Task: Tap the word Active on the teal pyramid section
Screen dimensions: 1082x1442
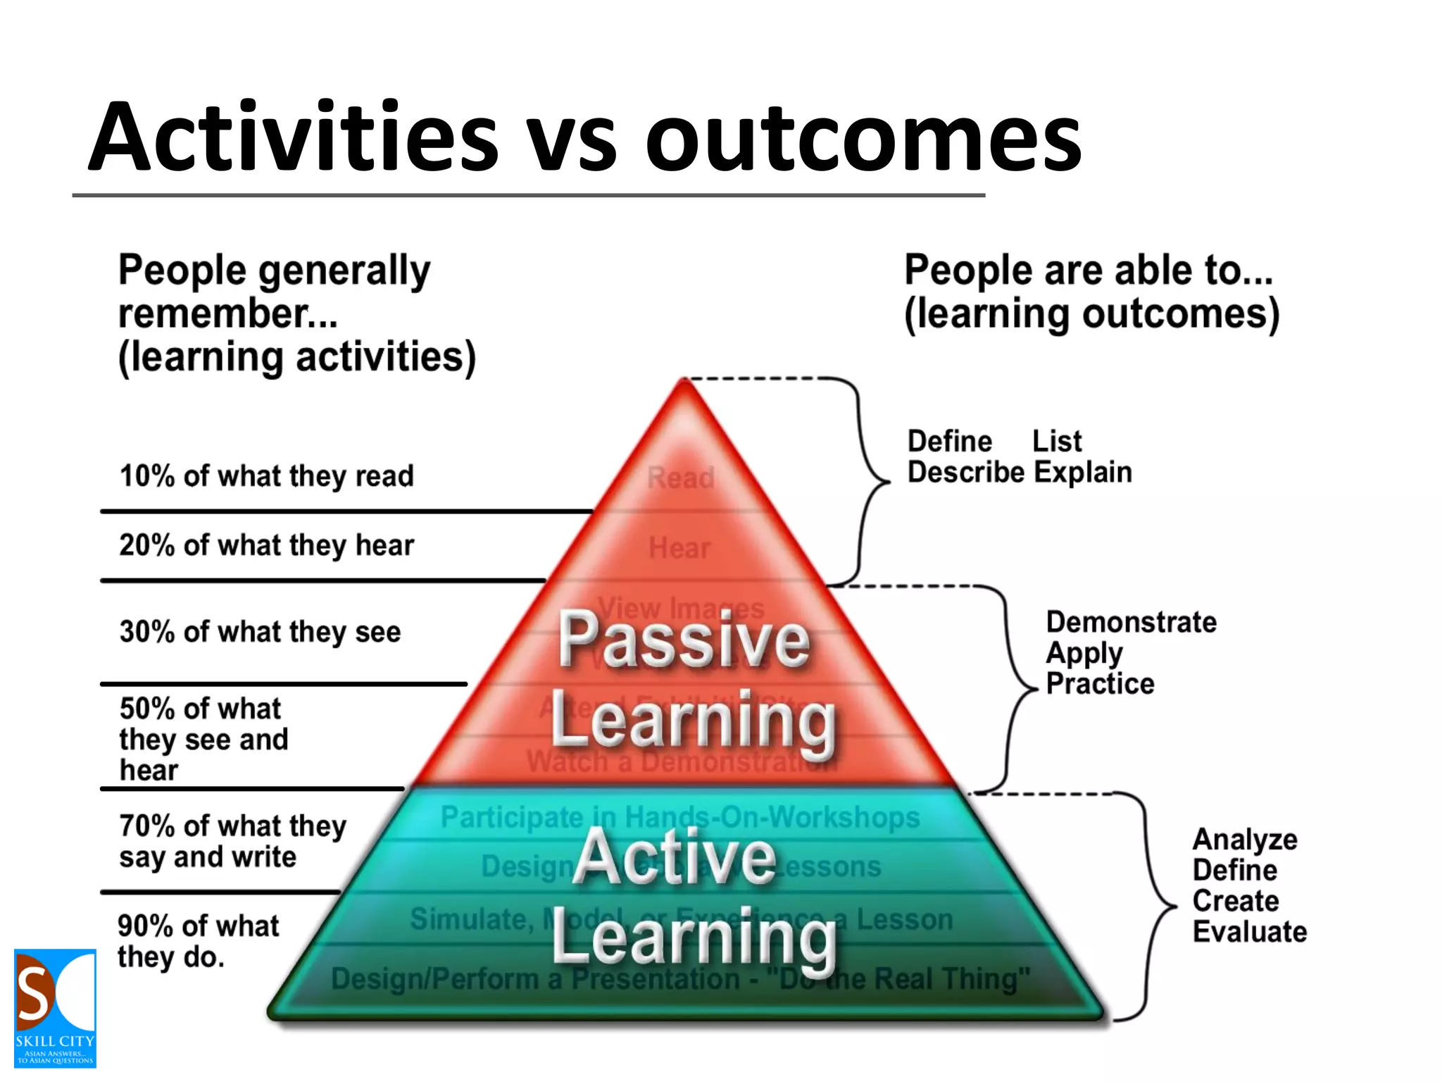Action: coord(675,857)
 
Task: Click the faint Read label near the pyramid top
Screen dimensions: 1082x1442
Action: coord(680,478)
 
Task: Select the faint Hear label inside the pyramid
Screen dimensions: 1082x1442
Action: coord(679,548)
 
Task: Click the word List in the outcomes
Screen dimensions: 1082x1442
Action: coord(1056,442)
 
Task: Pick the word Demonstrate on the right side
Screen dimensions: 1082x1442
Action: coord(1131,623)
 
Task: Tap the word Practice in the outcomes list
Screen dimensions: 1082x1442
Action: coord(1100,684)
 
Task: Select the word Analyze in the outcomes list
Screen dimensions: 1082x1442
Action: coord(1245,840)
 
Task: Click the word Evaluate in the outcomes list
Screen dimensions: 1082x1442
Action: coord(1250,932)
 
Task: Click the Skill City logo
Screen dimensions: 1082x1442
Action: coord(55,1008)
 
